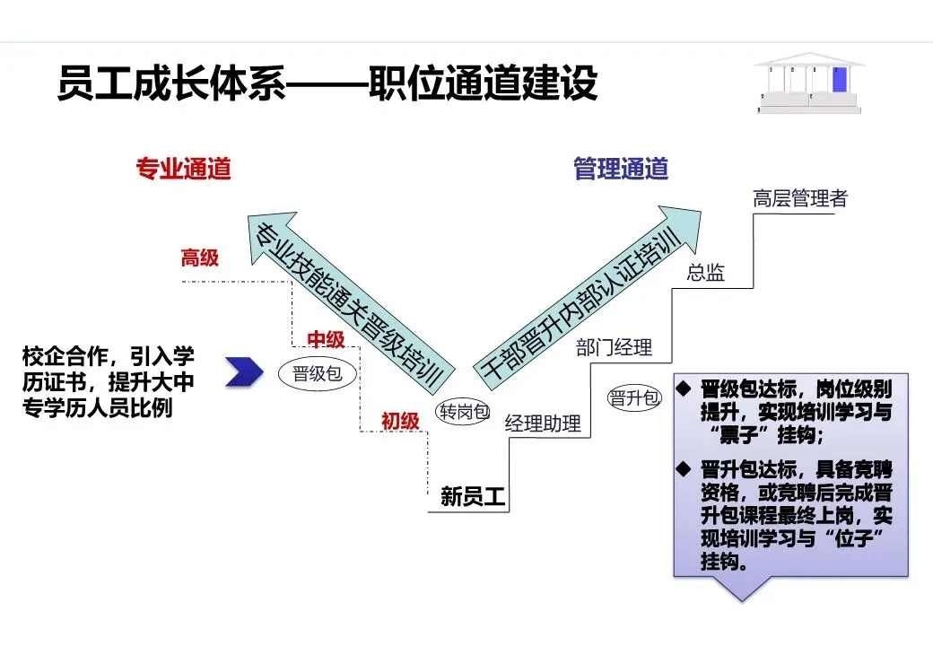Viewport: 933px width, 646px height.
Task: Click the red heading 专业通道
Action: tap(183, 169)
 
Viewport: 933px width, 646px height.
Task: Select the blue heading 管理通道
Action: tap(621, 169)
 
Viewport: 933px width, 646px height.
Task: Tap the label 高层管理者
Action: tap(800, 198)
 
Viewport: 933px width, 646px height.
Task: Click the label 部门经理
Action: tap(614, 347)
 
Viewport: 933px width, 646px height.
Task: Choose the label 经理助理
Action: tap(543, 423)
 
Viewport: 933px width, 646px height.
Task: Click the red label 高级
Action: tap(200, 258)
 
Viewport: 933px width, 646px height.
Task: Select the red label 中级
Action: tap(327, 338)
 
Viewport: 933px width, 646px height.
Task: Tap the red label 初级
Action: tap(400, 419)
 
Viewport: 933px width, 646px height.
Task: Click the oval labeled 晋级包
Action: tap(318, 374)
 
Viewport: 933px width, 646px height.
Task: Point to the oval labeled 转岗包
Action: tap(463, 412)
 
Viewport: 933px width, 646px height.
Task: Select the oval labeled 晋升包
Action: tap(634, 398)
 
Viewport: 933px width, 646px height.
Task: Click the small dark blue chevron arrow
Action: tap(243, 371)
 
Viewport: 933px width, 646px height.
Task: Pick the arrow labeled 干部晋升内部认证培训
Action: tap(583, 295)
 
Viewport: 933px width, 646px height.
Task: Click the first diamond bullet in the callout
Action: tap(684, 389)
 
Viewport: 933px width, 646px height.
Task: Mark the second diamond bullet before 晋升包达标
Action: tap(684, 468)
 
